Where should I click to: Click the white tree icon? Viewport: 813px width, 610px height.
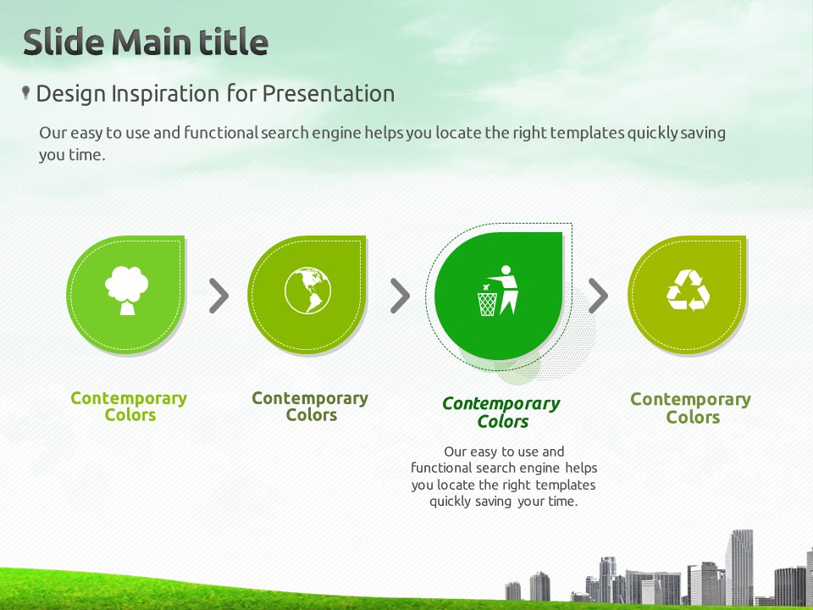point(126,291)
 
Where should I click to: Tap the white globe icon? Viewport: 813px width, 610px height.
point(307,291)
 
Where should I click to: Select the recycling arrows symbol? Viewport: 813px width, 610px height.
point(688,290)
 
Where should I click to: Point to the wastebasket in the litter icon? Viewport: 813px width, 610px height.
point(487,304)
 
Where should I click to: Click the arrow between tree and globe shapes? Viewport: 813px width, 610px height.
point(218,296)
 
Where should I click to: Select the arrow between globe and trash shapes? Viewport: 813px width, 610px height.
point(400,296)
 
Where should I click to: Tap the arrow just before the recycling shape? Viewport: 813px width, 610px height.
point(598,296)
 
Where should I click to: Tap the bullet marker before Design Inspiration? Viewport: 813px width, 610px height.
point(25,93)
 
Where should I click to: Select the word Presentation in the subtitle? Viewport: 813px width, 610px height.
point(329,94)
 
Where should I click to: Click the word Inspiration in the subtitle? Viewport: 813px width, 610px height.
point(165,95)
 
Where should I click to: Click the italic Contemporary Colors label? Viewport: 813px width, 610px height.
point(501,412)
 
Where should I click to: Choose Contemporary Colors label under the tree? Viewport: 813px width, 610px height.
point(129,406)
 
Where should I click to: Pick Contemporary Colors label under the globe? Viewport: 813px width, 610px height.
point(310,406)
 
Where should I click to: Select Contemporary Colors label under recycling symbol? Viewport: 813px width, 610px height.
point(691,408)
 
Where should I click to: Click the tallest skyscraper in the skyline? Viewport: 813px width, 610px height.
point(738,567)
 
